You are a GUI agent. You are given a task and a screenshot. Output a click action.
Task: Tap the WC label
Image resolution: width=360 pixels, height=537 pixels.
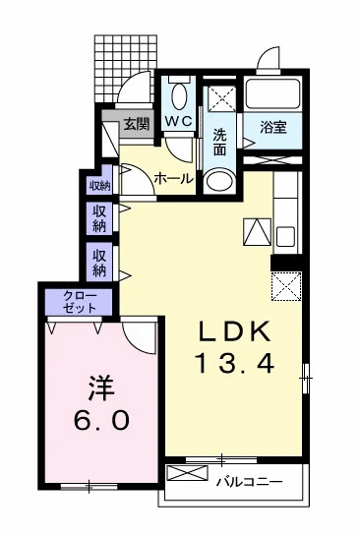coord(178,121)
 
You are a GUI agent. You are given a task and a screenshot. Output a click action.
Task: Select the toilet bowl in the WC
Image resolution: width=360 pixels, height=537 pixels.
coord(178,96)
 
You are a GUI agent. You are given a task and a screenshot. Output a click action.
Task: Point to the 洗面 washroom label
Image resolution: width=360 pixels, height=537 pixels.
coord(220,141)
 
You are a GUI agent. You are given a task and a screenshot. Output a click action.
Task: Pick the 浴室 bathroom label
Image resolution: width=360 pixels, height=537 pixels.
coord(272,126)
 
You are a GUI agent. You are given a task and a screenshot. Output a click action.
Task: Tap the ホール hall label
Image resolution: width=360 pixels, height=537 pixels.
coord(173,179)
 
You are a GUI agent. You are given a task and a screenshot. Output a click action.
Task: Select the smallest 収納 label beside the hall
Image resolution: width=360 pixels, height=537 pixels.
coord(99,185)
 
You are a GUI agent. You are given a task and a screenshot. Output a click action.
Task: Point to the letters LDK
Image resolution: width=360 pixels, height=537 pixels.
coord(237,329)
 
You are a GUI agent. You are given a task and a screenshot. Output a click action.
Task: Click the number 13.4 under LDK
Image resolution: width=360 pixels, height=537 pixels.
coord(237,362)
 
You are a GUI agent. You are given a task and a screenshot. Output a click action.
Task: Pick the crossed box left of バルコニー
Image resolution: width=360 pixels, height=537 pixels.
coord(182,473)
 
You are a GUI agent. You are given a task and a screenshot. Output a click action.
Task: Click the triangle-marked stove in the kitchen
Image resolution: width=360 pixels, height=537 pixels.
coord(255,231)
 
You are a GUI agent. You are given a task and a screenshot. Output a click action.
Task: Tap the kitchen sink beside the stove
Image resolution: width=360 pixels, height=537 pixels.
coord(285,236)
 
